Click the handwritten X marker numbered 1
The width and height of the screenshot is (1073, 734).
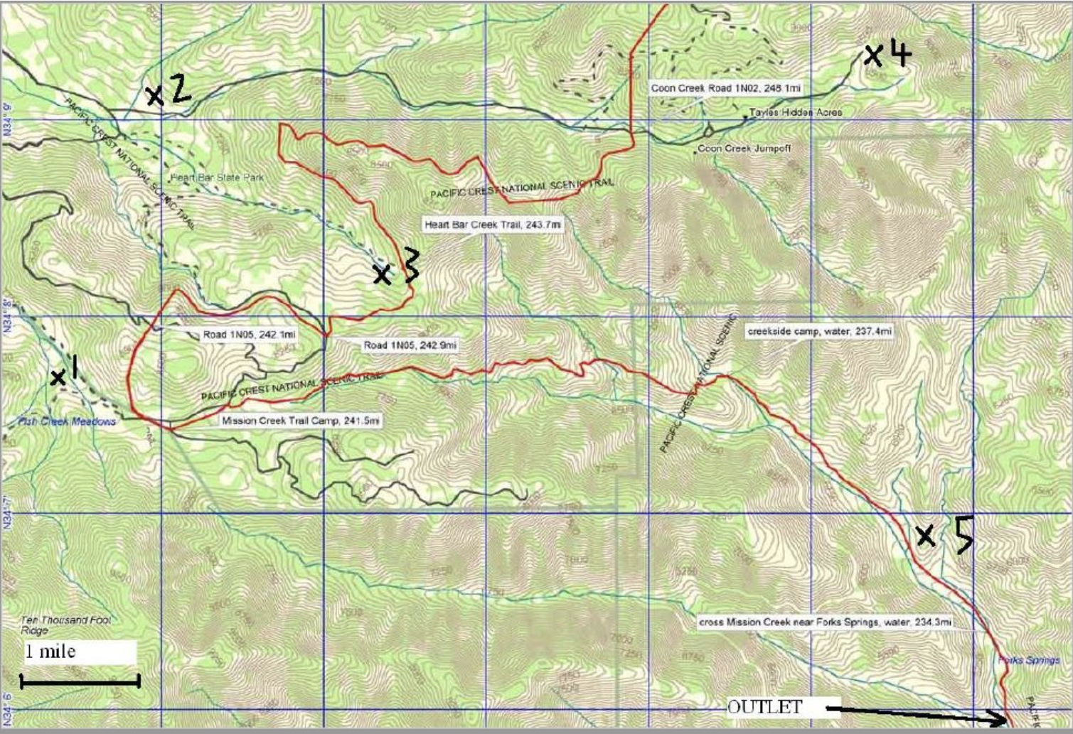[x=58, y=378]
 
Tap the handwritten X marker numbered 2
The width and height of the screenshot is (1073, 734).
[x=154, y=95]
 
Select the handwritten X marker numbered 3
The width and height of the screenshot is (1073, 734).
[x=383, y=274]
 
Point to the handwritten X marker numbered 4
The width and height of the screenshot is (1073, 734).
[x=872, y=55]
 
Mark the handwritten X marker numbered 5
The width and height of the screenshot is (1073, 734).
[x=925, y=536]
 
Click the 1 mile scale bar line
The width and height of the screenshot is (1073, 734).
[x=80, y=682]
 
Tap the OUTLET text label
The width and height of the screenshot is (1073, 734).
[x=764, y=707]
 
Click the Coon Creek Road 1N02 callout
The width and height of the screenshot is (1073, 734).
[x=726, y=88]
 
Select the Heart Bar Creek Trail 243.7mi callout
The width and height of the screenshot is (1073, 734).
[x=493, y=225]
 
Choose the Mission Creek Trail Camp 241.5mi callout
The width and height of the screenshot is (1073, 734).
[x=301, y=421]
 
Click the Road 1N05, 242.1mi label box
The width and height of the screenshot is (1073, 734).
[x=250, y=335]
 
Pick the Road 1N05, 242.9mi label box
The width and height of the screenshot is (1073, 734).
[x=410, y=345]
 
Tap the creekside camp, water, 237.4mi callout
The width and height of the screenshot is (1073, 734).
[x=819, y=331]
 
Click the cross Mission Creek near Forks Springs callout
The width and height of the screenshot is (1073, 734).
[x=825, y=622]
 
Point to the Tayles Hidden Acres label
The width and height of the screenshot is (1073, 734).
[x=795, y=112]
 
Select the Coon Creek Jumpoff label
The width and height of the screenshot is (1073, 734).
[x=744, y=149]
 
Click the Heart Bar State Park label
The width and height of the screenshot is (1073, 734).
[x=217, y=177]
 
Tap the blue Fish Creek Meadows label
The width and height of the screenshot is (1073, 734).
[x=67, y=421]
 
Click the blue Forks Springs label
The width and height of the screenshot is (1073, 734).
[x=1029, y=660]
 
